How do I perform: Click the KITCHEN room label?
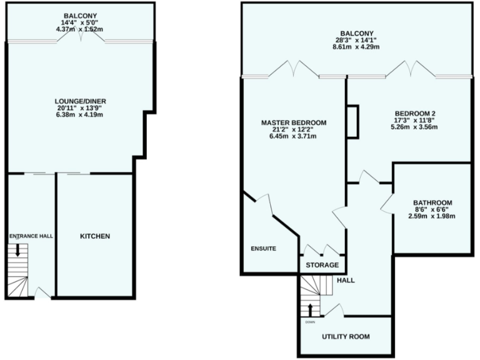95,236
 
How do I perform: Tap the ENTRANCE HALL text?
31,236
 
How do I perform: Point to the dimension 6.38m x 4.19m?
79,116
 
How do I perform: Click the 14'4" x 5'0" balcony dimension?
79,23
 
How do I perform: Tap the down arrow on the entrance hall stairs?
17,250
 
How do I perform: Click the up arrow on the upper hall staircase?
310,310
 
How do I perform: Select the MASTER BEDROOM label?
293,122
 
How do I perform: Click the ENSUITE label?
262,248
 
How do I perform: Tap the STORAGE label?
322,265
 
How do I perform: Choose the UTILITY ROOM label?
346,336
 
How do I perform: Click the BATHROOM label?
432,202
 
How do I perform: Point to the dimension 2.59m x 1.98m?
432,217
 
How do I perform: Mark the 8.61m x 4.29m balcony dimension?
357,47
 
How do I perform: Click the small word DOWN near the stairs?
310,322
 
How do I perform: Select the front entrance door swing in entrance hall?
42,292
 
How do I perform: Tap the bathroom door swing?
387,203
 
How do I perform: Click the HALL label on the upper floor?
346,281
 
